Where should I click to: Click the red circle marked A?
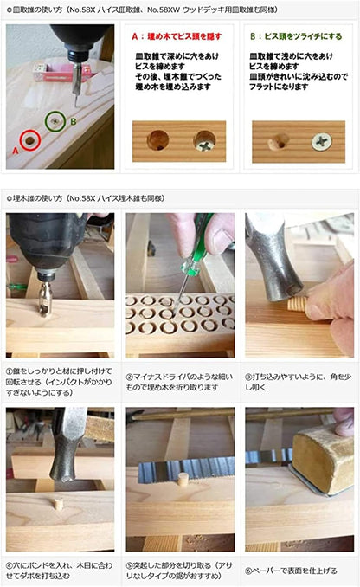(31, 139)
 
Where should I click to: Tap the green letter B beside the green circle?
(74, 120)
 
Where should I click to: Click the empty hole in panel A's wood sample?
(158, 139)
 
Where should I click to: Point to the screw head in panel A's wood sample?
(206, 139)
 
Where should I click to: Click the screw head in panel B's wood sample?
(324, 139)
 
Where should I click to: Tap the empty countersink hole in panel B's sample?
(279, 139)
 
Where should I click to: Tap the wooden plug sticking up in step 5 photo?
(183, 478)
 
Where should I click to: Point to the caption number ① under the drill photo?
(11, 367)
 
